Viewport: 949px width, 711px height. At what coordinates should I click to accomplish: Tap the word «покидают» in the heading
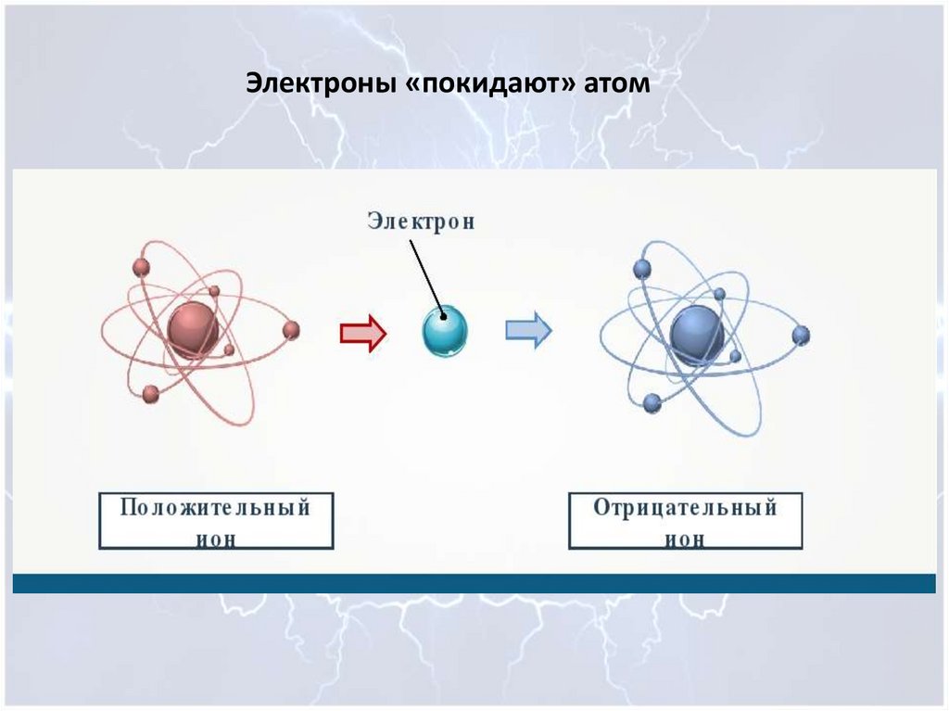click(494, 84)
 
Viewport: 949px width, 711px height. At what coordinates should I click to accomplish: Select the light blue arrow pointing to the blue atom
click(528, 330)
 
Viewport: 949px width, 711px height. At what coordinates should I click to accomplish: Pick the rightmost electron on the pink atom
click(291, 330)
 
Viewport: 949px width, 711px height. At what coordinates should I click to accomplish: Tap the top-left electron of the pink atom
click(141, 268)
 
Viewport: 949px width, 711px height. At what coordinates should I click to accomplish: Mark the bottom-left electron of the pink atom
click(150, 394)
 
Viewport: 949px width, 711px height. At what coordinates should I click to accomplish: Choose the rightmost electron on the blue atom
click(801, 335)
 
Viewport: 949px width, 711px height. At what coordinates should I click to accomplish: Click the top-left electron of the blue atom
click(640, 269)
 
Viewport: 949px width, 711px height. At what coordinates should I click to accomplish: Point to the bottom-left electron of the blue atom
click(652, 402)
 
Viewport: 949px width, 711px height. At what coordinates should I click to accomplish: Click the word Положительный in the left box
click(216, 508)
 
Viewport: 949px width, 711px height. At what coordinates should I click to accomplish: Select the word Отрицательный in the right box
click(685, 508)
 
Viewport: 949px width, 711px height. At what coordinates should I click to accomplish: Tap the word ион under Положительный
click(216, 539)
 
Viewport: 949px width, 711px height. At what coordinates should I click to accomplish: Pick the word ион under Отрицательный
click(685, 539)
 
